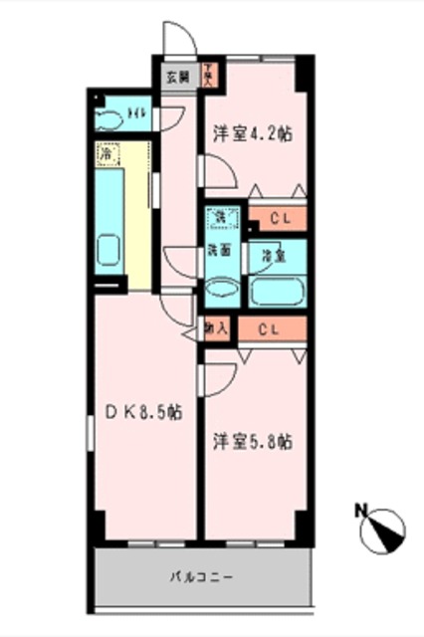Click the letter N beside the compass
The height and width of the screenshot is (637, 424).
[360, 512]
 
